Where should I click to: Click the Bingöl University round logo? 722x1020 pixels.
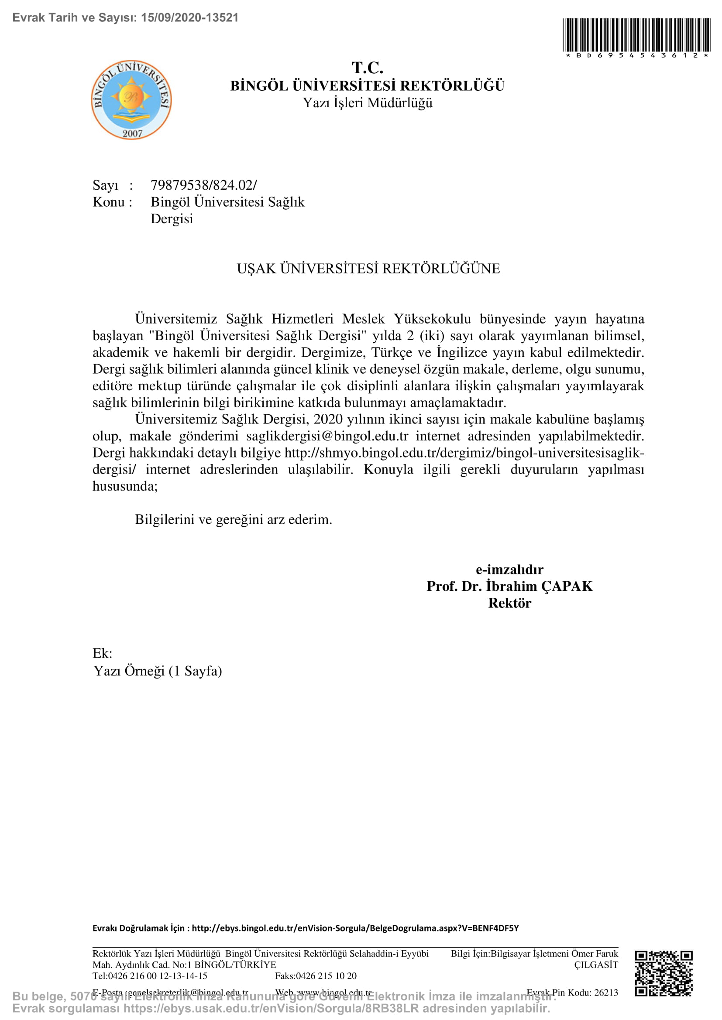point(131,100)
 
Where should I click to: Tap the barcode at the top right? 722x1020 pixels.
point(636,35)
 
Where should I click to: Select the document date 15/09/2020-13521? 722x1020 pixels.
point(190,18)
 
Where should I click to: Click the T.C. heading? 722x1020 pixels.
point(367,68)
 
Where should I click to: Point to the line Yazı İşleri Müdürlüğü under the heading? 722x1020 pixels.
point(367,103)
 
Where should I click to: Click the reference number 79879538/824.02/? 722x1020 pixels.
point(203,185)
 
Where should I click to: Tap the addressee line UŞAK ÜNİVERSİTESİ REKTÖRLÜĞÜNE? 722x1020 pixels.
point(368,269)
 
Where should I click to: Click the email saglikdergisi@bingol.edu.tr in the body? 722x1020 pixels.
point(327,436)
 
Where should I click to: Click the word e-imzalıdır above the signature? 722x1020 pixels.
point(509,570)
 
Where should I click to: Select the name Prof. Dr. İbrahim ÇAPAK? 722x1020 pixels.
point(509,587)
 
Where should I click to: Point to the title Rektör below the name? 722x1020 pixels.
point(509,603)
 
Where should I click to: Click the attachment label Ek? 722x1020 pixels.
point(102,654)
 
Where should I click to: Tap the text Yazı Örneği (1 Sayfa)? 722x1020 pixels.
point(158,671)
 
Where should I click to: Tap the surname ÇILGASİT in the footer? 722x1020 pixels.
point(596,965)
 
